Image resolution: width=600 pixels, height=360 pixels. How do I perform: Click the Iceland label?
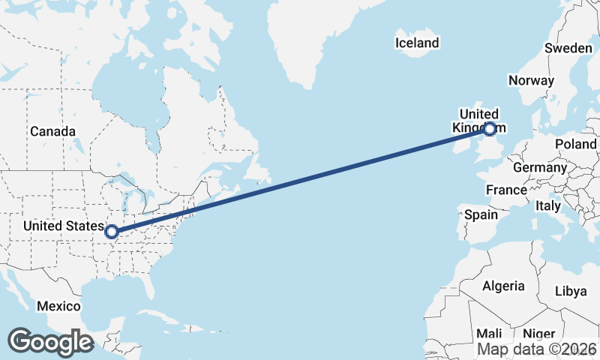(x=417, y=43)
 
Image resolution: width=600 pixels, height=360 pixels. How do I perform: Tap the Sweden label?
(x=568, y=47)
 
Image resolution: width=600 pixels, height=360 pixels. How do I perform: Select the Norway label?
(x=531, y=80)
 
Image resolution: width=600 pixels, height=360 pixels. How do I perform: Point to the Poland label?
(x=576, y=144)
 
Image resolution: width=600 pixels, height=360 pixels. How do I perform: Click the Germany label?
(x=540, y=167)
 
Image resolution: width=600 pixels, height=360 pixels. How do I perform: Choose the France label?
(x=506, y=190)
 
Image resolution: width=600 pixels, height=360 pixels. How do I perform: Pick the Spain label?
(x=481, y=214)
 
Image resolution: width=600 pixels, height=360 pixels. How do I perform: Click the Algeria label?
(x=503, y=286)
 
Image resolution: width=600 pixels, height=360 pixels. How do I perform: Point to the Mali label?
(x=489, y=334)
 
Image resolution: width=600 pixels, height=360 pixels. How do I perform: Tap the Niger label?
(x=538, y=334)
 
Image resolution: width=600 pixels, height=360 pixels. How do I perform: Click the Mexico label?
(x=58, y=306)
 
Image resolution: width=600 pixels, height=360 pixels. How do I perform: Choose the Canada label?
(x=52, y=131)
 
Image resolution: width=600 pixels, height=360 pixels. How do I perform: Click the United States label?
(x=63, y=226)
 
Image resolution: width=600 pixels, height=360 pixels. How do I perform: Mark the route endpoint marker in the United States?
(x=112, y=232)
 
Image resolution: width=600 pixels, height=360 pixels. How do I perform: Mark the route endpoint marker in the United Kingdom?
(x=490, y=129)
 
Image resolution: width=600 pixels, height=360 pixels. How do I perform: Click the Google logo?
(x=50, y=342)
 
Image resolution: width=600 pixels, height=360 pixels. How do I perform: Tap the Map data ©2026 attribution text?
(x=537, y=349)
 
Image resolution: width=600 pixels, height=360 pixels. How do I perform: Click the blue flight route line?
(x=300, y=181)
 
